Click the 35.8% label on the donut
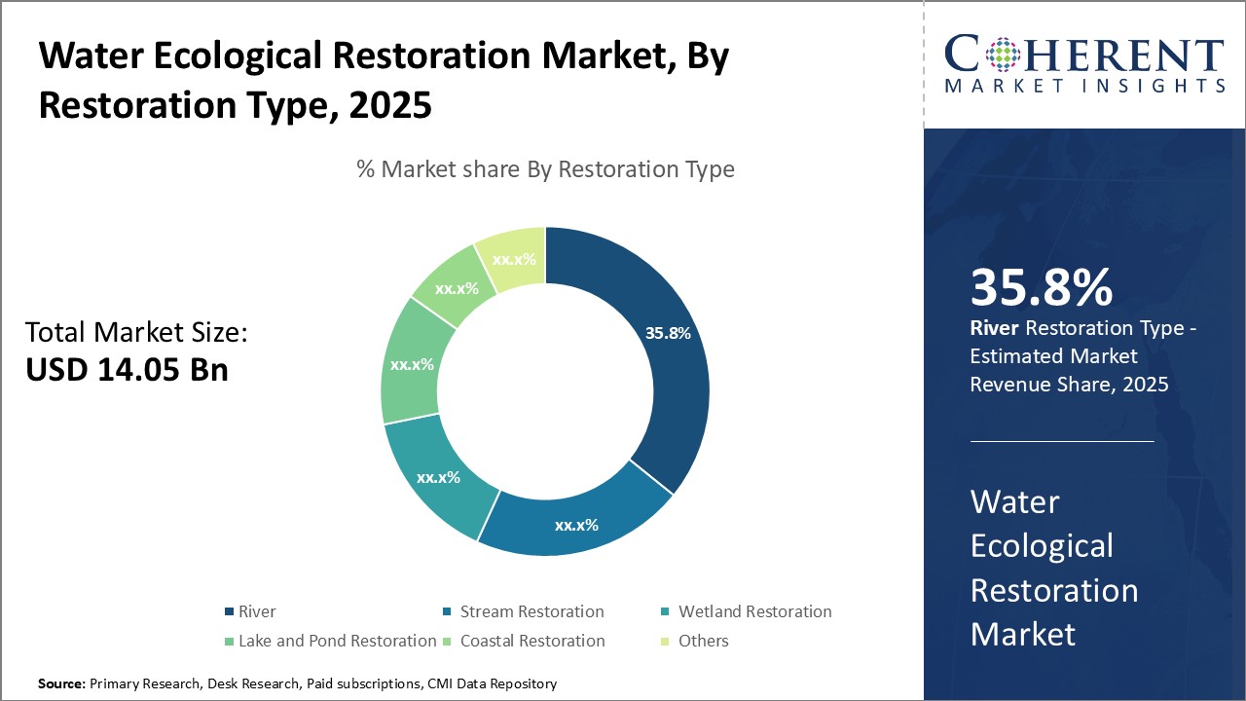pos(668,333)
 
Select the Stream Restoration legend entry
pos(531,612)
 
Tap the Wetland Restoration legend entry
pos(754,612)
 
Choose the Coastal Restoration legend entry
pos(531,641)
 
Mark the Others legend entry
pos(703,641)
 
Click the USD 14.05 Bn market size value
pos(127,370)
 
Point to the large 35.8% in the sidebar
pos(1041,288)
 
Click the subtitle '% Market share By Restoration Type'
pos(545,169)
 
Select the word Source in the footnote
pos(61,684)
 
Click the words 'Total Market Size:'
pos(136,333)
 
